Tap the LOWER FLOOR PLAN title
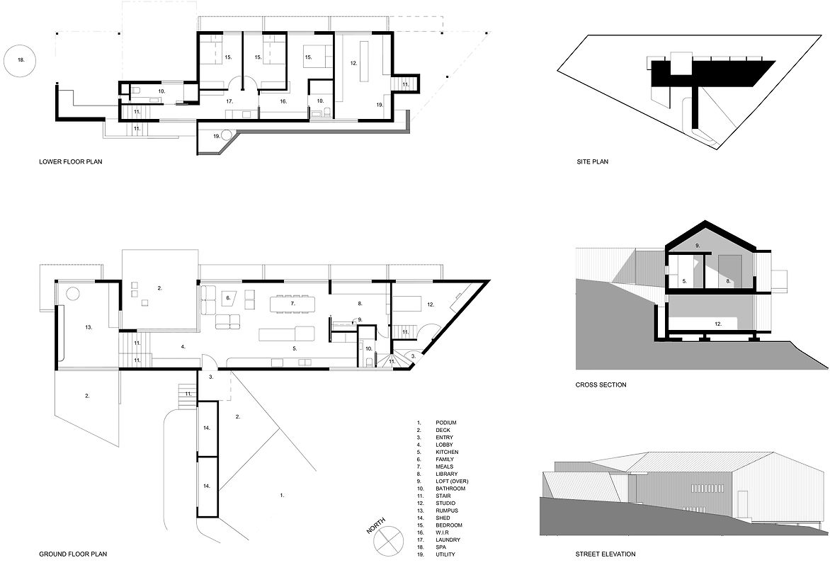[x=70, y=161]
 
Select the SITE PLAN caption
[x=592, y=161]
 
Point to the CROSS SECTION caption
[x=601, y=384]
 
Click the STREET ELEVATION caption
[x=606, y=554]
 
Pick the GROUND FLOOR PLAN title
[x=73, y=554]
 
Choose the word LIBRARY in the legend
[x=447, y=474]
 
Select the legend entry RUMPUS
[x=447, y=511]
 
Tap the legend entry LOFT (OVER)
[x=452, y=481]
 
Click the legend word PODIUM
[x=446, y=423]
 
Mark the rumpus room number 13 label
[x=89, y=328]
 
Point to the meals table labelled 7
[x=292, y=304]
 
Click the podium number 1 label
[x=282, y=496]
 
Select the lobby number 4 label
[x=183, y=347]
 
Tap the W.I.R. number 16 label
[x=283, y=101]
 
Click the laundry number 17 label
[x=229, y=101]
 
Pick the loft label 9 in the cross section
[x=698, y=246]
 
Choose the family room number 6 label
[x=228, y=298]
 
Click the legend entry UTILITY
[x=445, y=554]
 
